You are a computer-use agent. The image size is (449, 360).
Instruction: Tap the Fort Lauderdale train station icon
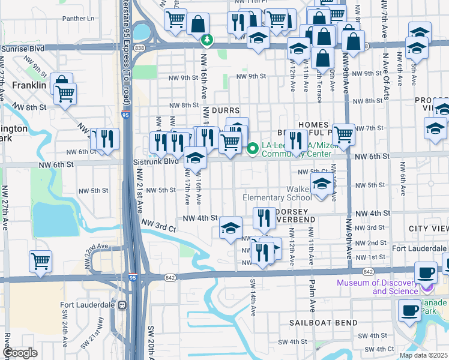pyautogui.click(x=123, y=305)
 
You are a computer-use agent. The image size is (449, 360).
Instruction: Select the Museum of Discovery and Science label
pyautogui.click(x=377, y=287)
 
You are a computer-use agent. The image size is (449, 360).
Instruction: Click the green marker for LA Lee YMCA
pyautogui.click(x=253, y=147)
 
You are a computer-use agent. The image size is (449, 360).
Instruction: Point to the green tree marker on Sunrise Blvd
pyautogui.click(x=207, y=40)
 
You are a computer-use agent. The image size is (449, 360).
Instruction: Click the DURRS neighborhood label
pyautogui.click(x=225, y=110)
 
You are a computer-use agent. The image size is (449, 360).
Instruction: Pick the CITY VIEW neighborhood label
pyautogui.click(x=428, y=229)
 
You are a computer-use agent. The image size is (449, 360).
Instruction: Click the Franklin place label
pyautogui.click(x=29, y=86)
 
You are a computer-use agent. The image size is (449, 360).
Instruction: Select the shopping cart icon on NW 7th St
pyautogui.click(x=343, y=134)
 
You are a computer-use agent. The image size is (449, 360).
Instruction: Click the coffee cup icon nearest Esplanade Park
pyautogui.click(x=410, y=311)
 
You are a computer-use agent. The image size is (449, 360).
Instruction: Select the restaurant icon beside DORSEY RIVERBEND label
pyautogui.click(x=264, y=218)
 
